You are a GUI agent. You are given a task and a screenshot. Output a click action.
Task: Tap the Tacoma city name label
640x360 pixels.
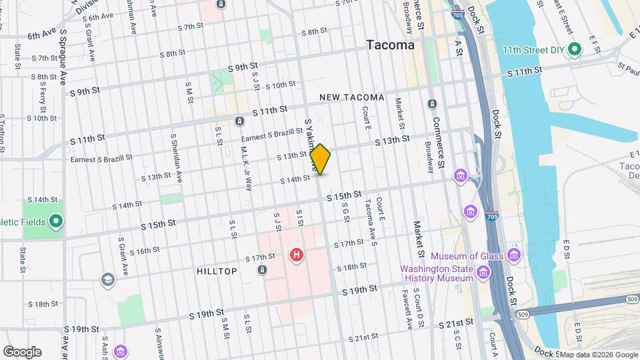[x=390, y=45]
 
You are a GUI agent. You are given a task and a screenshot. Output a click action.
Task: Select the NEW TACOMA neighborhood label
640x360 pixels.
[x=352, y=97]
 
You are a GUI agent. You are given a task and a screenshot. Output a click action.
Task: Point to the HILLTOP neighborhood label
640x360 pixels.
[x=217, y=272]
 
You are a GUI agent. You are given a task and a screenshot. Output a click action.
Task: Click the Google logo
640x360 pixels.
[x=22, y=352]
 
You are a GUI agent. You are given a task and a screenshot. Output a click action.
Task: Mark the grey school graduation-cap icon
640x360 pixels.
[x=107, y=279]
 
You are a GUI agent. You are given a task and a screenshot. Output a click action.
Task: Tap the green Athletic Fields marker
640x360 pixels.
[x=57, y=221]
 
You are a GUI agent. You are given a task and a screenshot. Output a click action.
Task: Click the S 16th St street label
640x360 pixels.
[x=137, y=252]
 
